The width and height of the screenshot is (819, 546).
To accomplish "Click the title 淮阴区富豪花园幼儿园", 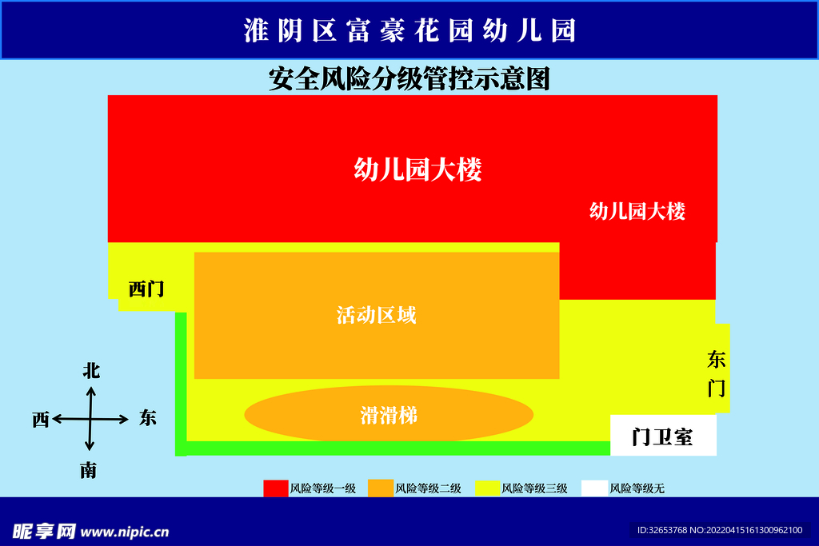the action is (410, 30).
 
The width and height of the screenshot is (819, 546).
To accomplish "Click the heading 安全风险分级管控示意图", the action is (409, 79).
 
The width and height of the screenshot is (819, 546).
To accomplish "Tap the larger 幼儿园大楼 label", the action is (417, 169).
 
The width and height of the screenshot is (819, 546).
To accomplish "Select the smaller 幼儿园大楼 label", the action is (637, 211).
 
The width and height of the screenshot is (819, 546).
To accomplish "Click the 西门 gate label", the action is (146, 289).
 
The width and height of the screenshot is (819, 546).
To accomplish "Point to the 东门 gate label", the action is (717, 374).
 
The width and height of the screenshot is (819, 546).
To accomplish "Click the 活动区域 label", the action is (376, 315).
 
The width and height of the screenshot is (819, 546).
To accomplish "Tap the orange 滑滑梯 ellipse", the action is (389, 414).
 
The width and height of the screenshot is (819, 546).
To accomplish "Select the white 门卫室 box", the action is (663, 436).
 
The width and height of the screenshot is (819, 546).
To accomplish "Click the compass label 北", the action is (91, 371).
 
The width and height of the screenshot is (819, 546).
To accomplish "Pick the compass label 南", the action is (88, 470).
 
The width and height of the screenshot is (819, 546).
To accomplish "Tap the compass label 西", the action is (41, 419).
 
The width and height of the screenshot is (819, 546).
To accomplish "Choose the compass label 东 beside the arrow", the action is (148, 417).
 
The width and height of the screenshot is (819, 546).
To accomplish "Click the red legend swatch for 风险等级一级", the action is (276, 488).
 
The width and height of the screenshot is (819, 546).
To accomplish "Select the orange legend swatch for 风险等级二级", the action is (380, 488).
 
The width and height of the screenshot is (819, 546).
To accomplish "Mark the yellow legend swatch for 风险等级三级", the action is (487, 488).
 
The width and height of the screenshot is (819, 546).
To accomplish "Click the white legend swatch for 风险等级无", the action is (594, 488).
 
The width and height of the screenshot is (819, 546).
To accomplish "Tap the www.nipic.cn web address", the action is (125, 532).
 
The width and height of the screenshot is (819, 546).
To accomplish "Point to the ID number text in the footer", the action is (720, 530).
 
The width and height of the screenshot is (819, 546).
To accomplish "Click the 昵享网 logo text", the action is (44, 532).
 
